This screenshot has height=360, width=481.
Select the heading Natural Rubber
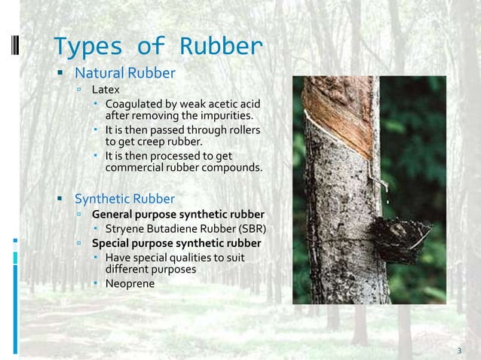(x=124, y=73)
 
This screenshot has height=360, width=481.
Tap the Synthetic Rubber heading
(x=124, y=199)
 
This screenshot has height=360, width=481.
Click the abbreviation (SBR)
(x=250, y=229)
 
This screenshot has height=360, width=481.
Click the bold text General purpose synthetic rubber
(x=178, y=215)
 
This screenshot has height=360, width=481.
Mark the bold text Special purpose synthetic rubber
(x=176, y=243)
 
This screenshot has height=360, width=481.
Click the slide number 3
(x=459, y=350)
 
